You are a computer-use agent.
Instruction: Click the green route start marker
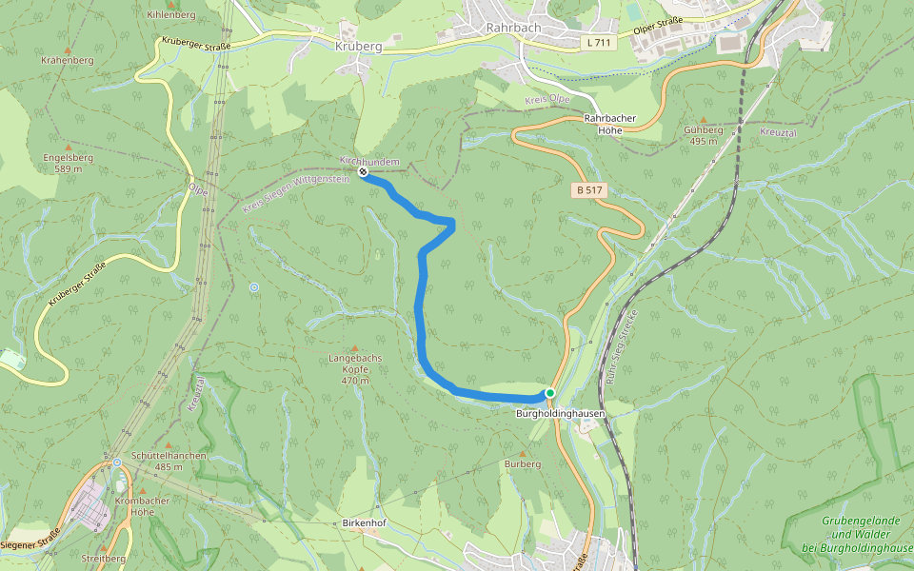[549, 393]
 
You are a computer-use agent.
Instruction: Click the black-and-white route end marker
[364, 172]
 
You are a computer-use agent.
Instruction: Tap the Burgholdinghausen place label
[560, 414]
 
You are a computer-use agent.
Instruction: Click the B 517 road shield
[589, 190]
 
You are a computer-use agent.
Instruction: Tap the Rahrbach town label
[513, 28]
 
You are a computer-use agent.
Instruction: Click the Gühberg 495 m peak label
[703, 135]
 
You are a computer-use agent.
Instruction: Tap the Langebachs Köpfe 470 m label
[354, 367]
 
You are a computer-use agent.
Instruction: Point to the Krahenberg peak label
[68, 59]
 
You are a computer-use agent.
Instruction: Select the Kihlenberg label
[171, 15]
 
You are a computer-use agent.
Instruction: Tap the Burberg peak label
[523, 463]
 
